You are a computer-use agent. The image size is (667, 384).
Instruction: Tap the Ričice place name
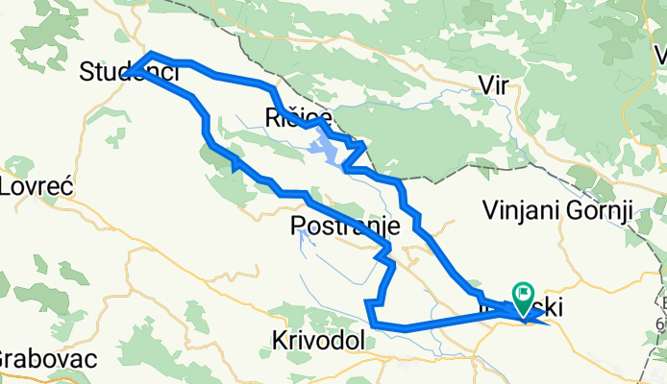pos(298,117)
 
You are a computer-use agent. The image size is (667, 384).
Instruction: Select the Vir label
pos(493,85)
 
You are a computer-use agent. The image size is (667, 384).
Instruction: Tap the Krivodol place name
pos(317,341)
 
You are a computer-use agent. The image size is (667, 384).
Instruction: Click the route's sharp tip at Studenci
pos(132,70)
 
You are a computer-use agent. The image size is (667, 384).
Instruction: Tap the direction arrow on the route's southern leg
pos(234,163)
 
